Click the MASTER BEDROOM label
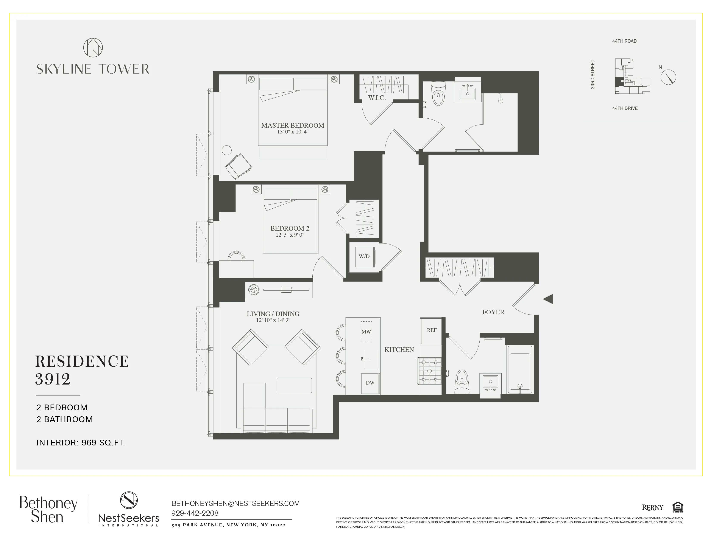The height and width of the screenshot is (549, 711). (x=292, y=125)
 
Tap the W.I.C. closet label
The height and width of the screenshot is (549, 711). (x=377, y=98)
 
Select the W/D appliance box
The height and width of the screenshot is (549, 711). (x=364, y=256)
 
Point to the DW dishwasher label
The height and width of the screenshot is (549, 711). (x=370, y=383)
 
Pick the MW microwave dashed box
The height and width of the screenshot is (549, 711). (x=366, y=331)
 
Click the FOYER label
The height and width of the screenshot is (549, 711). (x=493, y=312)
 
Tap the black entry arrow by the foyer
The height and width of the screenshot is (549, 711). (x=549, y=299)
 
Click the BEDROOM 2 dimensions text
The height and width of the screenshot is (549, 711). (x=290, y=235)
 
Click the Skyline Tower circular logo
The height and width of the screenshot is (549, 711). (x=93, y=48)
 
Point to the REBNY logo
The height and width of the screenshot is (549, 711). (x=652, y=507)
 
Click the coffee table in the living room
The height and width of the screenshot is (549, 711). (x=294, y=385)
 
